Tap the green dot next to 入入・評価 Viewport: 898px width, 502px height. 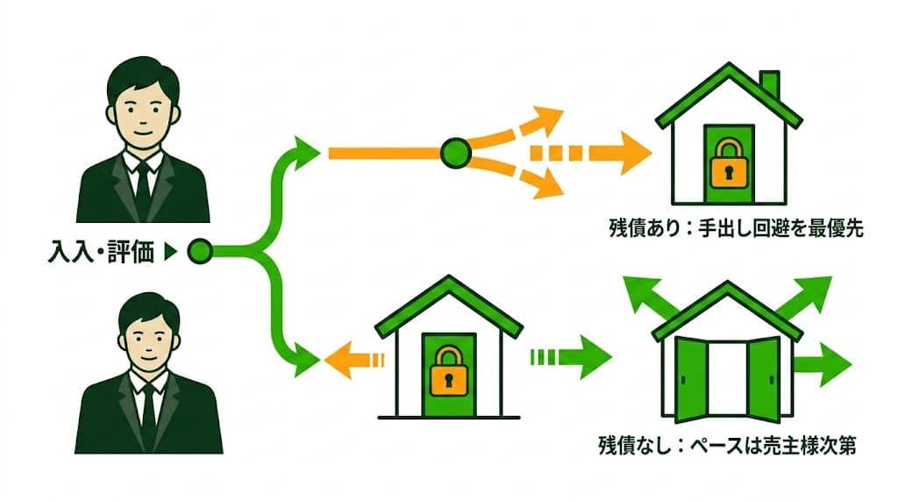[x=200, y=253]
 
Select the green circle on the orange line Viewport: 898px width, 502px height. [x=455, y=154]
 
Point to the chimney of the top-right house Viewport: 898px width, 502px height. [x=769, y=85]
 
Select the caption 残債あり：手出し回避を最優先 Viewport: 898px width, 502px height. [x=737, y=228]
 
